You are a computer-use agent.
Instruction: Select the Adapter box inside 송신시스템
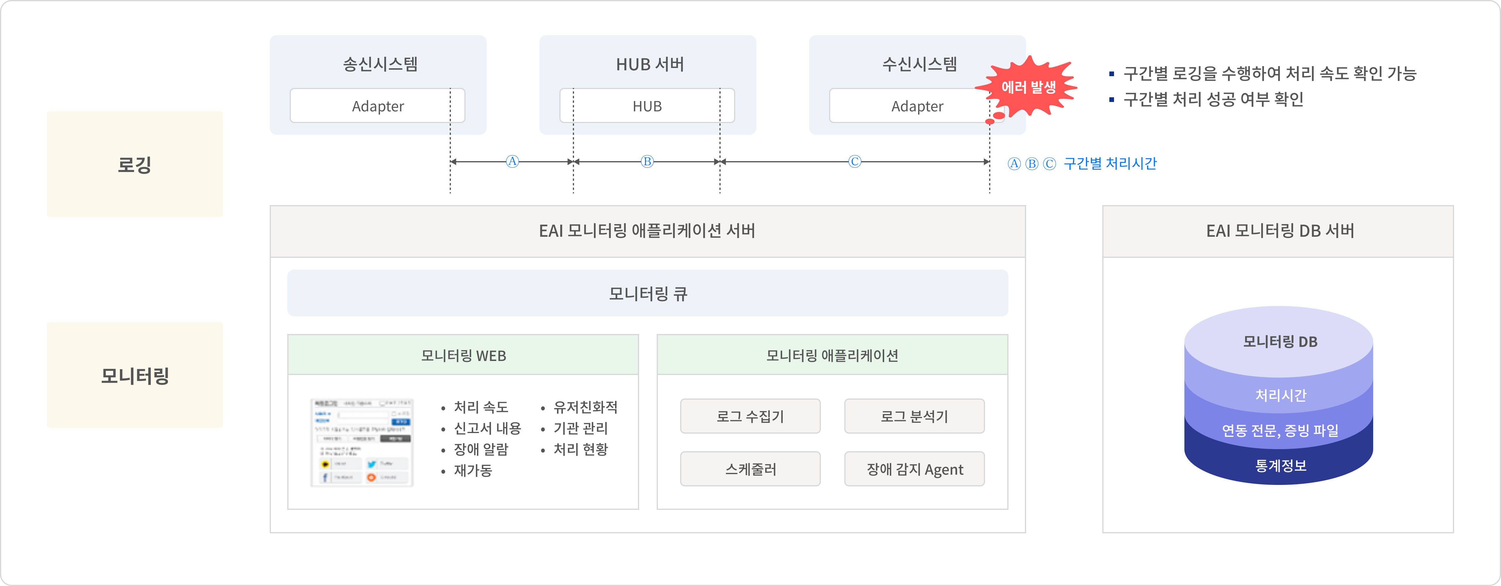click(x=378, y=106)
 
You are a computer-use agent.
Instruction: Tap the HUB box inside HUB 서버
click(x=647, y=106)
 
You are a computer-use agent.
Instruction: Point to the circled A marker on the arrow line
click(x=512, y=161)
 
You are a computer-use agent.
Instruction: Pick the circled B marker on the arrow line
click(x=647, y=161)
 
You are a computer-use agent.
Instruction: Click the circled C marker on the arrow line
click(x=854, y=161)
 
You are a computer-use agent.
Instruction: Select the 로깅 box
click(x=135, y=164)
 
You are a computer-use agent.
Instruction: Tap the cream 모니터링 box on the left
click(x=135, y=375)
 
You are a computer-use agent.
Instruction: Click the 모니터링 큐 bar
click(x=647, y=293)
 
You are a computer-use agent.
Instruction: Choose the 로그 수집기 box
click(x=750, y=416)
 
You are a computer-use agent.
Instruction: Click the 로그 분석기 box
click(x=914, y=416)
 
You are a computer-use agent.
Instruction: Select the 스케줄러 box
click(x=750, y=469)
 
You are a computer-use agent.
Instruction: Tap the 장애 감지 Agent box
click(x=914, y=469)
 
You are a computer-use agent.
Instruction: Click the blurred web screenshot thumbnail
click(x=362, y=443)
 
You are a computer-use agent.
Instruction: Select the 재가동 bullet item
click(x=473, y=470)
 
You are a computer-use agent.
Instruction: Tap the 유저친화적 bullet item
click(x=585, y=407)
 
